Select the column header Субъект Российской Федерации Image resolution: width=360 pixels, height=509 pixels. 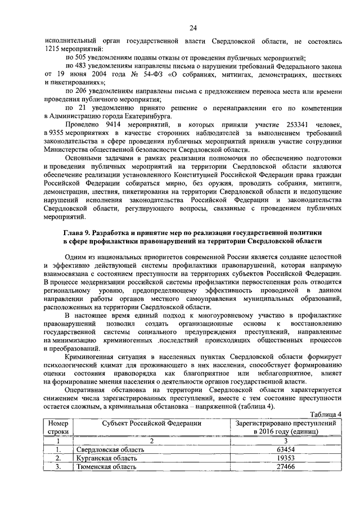tap(151, 422)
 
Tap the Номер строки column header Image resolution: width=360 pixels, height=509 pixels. tap(58, 426)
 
